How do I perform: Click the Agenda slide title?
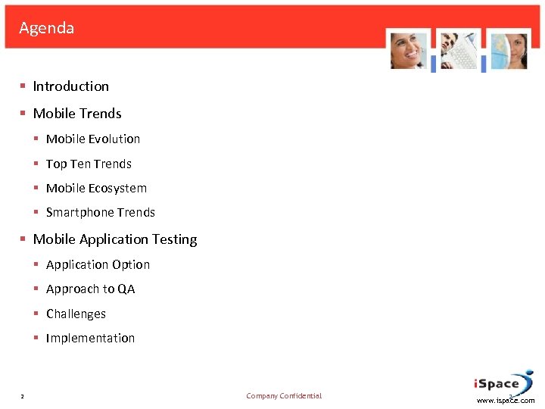(47, 29)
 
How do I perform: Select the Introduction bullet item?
(70, 86)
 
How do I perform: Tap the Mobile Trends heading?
(76, 114)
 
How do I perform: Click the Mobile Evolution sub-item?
(93, 139)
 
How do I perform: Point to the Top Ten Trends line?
(89, 164)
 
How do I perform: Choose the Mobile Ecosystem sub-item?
(96, 189)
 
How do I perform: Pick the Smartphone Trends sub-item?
(100, 213)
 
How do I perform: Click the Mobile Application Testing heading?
(114, 239)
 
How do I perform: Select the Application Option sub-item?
(98, 265)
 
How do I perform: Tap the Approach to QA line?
(90, 289)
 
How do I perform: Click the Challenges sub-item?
(76, 314)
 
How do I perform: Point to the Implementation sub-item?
(90, 339)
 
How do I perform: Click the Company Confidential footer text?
(284, 396)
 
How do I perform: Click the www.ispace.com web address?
(506, 401)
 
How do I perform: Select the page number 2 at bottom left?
(23, 396)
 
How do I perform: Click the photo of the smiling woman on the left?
(409, 51)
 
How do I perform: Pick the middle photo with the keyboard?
(459, 51)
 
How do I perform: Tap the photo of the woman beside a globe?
(508, 51)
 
